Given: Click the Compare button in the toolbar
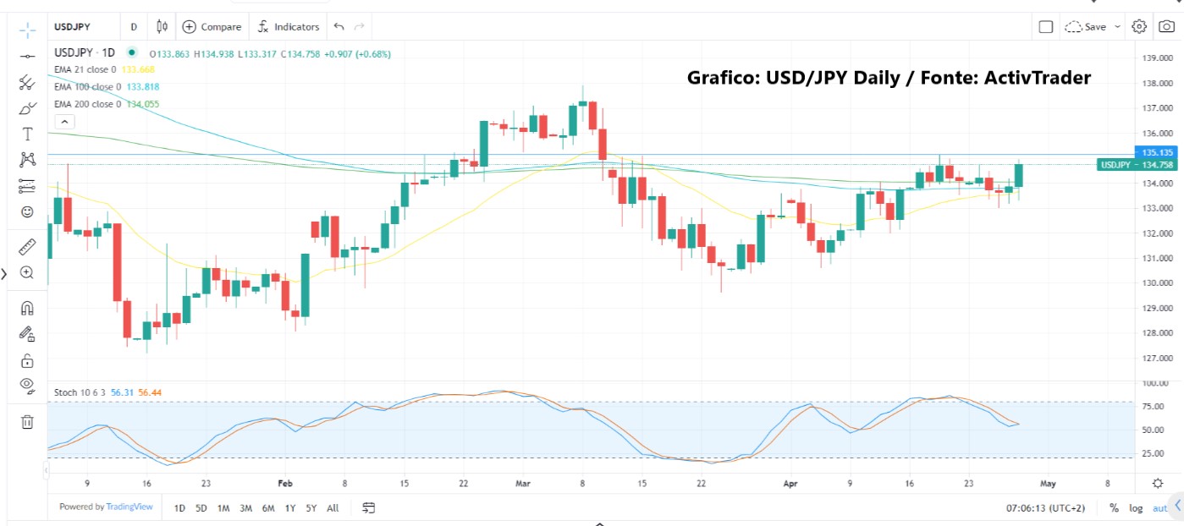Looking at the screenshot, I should click(x=212, y=27).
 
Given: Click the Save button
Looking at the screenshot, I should click(x=1093, y=27).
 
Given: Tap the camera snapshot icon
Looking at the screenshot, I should click(x=1166, y=27).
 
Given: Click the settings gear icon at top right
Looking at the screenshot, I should click(x=1139, y=27).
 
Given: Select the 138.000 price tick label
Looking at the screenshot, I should click(x=1156, y=84).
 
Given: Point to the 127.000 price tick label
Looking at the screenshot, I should click(x=1156, y=358).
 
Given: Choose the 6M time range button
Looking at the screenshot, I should click(x=267, y=508).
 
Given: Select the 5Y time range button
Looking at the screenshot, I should click(x=311, y=508).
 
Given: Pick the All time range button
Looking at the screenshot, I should click(x=333, y=508).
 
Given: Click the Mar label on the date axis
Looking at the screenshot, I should click(x=522, y=484).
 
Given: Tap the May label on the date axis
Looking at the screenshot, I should click(x=1048, y=484).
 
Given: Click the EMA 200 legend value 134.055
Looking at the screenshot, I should click(x=142, y=104).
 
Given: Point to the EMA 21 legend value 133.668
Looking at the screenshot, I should click(x=138, y=69).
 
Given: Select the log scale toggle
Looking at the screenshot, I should click(x=1135, y=508).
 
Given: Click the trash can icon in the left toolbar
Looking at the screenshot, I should click(x=27, y=421).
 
